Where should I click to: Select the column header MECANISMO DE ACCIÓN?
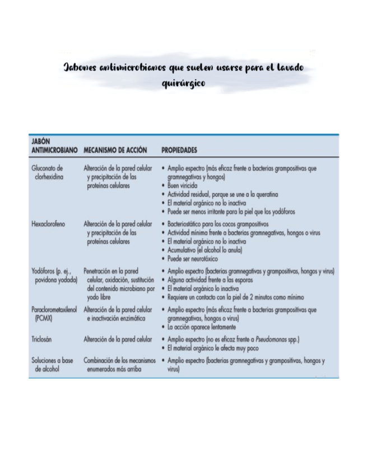115,151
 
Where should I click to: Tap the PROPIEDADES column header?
179,151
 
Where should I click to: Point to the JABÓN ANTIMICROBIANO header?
53,147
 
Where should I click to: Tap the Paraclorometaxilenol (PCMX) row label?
55,313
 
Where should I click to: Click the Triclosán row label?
43,339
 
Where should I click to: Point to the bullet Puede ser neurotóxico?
193,259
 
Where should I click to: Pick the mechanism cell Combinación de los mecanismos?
116,365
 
